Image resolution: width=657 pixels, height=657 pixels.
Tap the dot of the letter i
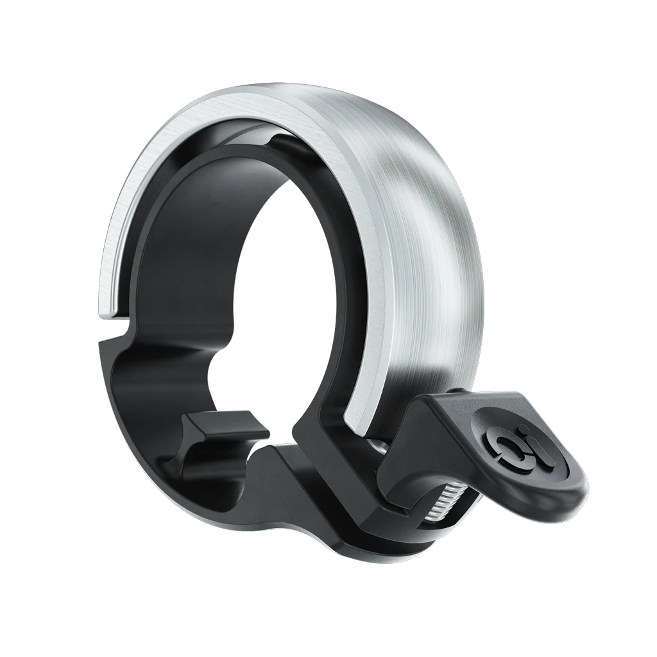pyautogui.click(x=523, y=428)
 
